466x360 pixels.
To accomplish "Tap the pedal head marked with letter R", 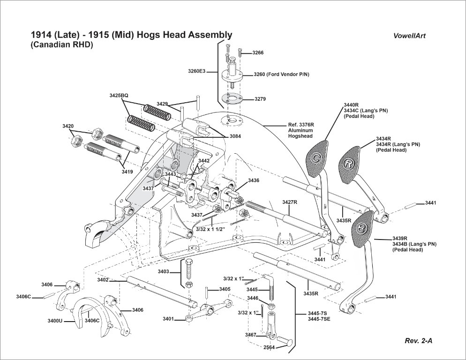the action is (348, 164).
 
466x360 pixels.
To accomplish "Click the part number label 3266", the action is (258, 53).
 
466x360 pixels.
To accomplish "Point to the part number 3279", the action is (260, 99).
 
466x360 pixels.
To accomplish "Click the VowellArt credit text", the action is (410, 36).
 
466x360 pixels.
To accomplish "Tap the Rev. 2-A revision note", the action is (419, 341).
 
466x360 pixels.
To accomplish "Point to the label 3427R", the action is (290, 202).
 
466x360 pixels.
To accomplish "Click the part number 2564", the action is (269, 347).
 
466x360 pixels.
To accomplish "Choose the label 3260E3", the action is (197, 71).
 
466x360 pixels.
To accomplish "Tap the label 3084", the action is (235, 136).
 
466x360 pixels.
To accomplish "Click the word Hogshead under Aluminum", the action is (300, 136).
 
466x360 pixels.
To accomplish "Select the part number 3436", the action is (254, 180).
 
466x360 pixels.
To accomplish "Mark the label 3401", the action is (168, 319).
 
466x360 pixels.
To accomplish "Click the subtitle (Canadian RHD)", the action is (62, 45).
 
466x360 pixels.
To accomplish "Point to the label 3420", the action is (68, 126).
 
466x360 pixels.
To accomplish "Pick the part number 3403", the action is (163, 271).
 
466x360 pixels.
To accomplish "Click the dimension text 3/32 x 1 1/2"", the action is (210, 229).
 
